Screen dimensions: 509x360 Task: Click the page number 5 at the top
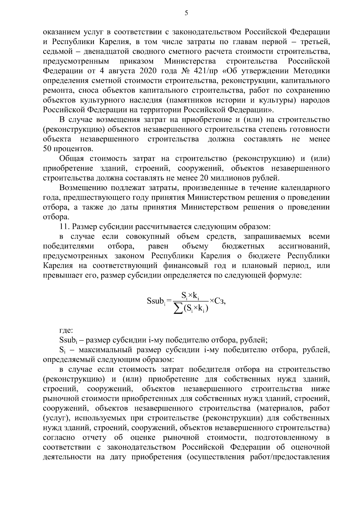click(x=186, y=13)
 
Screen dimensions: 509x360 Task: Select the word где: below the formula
click(x=66, y=331)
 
